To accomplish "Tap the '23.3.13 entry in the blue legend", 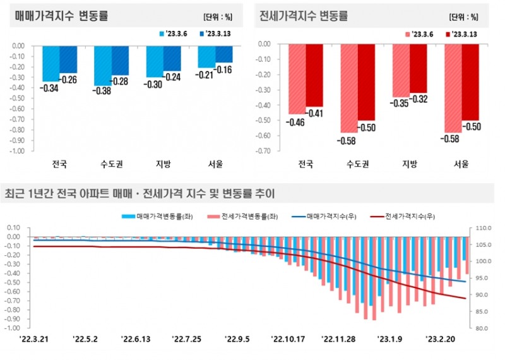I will [x=214, y=33].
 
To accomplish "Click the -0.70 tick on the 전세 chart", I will [x=264, y=151].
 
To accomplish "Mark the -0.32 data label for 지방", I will [x=419, y=99].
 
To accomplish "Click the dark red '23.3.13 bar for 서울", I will [x=470, y=82].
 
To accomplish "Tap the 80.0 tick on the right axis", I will [x=478, y=328].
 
